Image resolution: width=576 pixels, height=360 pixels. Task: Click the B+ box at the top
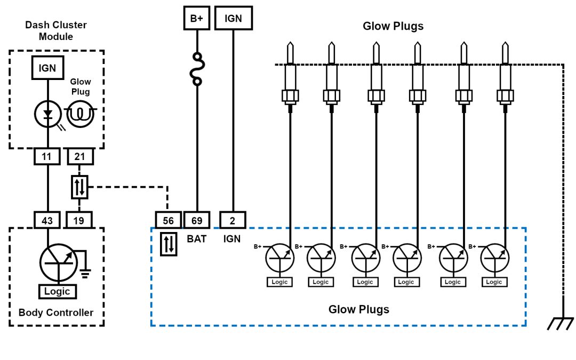[x=197, y=18]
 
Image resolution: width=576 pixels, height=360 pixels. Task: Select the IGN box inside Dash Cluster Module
[x=48, y=68]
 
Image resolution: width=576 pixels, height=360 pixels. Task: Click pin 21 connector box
[x=79, y=156]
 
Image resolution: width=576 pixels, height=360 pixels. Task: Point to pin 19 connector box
[x=79, y=219]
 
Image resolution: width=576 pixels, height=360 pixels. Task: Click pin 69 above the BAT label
[x=197, y=220]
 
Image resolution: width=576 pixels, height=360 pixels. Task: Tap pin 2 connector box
[x=233, y=220]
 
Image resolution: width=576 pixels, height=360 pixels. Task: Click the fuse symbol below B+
[x=197, y=69]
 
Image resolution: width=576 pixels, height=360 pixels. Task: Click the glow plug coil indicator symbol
[x=80, y=114]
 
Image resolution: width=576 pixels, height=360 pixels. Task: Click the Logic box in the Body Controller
[x=57, y=291]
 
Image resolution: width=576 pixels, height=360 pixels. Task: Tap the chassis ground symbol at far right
[x=561, y=323]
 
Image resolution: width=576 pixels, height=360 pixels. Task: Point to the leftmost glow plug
[x=290, y=75]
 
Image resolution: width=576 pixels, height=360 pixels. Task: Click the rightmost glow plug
[x=505, y=75]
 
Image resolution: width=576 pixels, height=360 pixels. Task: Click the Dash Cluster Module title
[x=56, y=31]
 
